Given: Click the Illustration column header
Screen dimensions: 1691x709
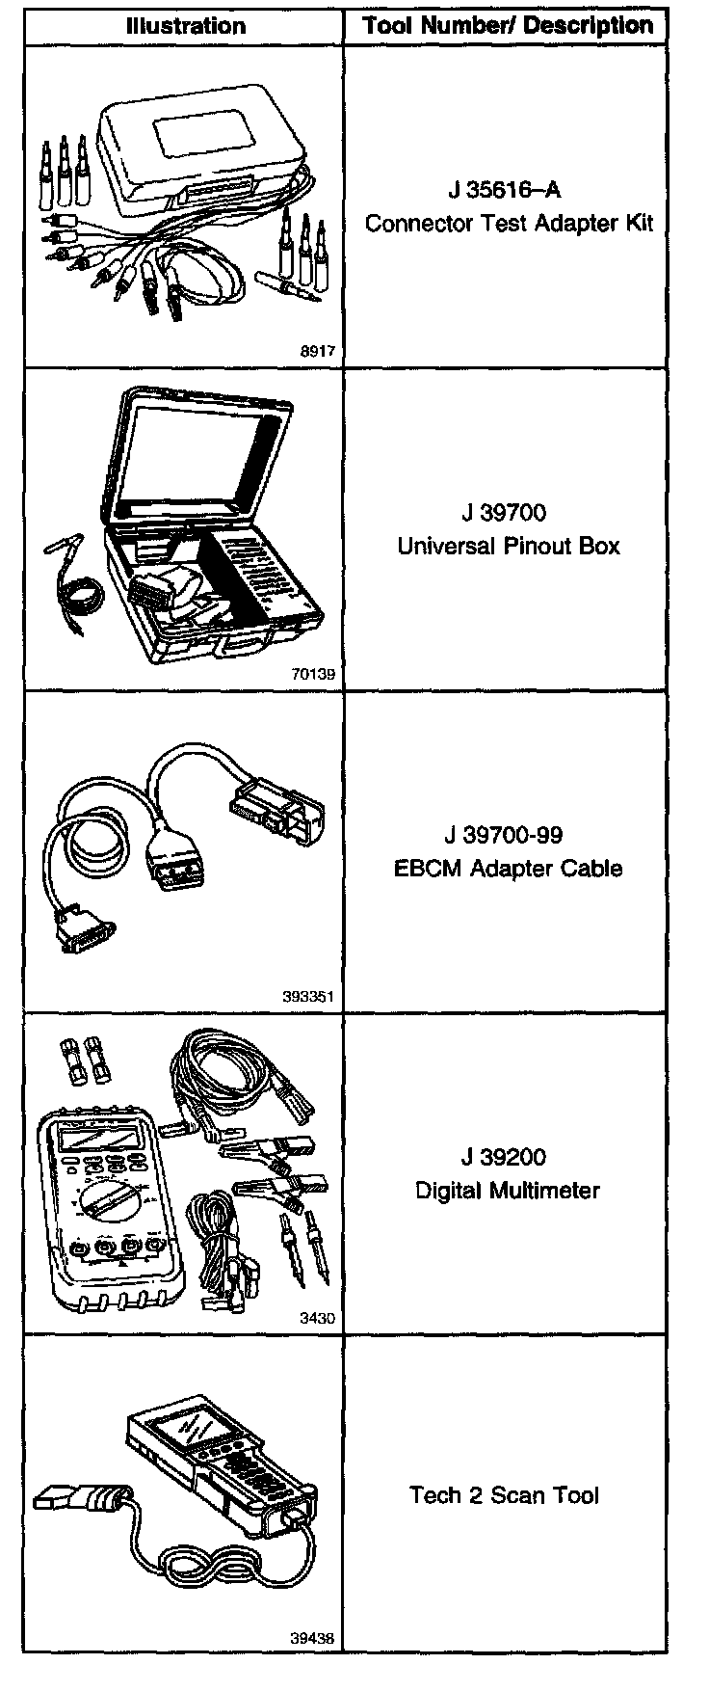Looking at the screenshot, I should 186,25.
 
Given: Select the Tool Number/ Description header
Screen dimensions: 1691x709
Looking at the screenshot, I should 508,25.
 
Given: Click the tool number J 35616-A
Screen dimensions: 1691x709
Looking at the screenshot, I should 510,190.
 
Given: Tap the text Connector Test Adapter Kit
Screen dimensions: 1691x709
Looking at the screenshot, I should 510,224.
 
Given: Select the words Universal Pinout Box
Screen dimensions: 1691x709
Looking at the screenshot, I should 509,546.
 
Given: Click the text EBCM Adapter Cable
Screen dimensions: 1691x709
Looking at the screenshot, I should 509,868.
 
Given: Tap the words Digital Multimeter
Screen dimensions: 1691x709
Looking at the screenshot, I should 508,1190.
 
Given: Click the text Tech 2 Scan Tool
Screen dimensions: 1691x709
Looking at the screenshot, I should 504,1495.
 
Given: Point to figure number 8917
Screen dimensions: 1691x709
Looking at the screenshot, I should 319,352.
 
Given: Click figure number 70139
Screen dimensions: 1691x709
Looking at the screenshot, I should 313,674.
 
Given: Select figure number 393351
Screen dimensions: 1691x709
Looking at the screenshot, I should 308,997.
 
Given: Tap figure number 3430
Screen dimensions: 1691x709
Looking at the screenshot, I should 319,1319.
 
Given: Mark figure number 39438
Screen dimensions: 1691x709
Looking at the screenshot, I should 313,1638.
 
